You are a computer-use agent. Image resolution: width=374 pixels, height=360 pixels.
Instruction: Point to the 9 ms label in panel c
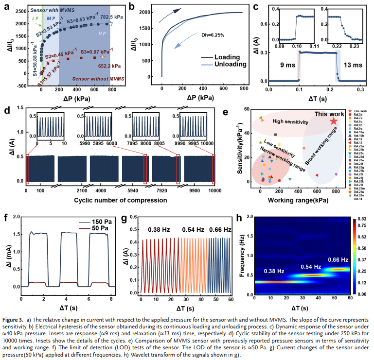tap(284, 64)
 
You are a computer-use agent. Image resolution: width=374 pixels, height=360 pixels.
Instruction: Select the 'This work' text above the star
tap(330, 114)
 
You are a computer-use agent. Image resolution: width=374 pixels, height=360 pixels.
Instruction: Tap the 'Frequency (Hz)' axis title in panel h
tap(242, 256)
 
